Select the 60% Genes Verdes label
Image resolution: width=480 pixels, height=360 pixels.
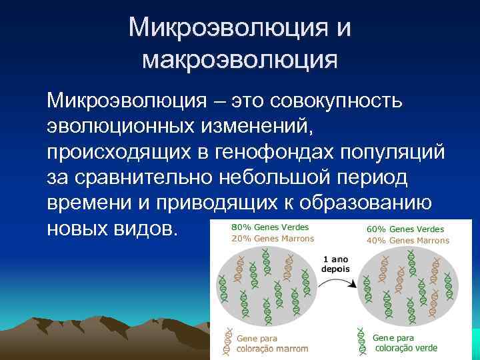(405, 229)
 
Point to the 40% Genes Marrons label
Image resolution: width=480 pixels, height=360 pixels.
(408, 241)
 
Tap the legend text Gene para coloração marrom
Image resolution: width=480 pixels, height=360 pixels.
(272, 343)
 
